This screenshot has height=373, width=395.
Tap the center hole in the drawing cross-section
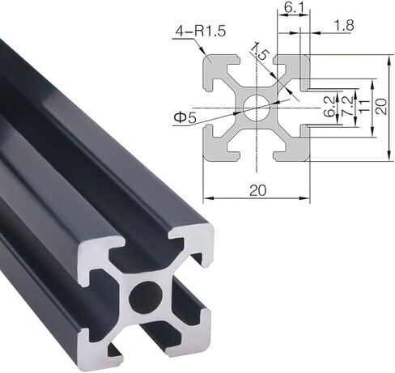[x=256, y=107]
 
